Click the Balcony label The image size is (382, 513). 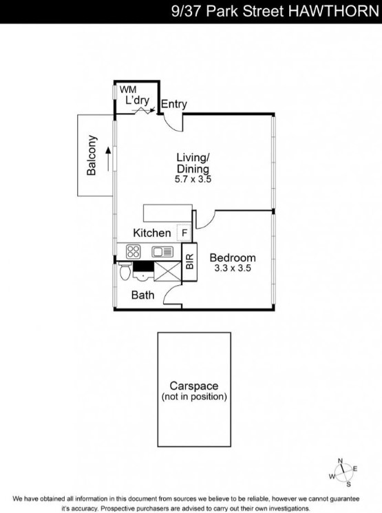point(92,156)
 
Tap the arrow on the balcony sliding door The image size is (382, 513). point(108,159)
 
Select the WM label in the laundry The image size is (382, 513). point(128,90)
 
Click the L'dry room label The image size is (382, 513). point(138,101)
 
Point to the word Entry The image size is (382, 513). point(174,105)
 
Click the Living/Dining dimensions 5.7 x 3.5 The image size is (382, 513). point(193,179)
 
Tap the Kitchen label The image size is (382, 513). point(151,233)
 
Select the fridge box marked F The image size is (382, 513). point(184,233)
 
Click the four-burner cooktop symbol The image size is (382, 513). point(134,251)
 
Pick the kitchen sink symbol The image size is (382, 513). point(162,251)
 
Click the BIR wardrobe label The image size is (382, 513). point(190,262)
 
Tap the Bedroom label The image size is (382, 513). point(233,258)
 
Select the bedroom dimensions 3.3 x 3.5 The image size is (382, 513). point(233,269)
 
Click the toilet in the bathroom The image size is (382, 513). point(125,271)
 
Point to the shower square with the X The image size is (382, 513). point(167,271)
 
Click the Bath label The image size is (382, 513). point(142,295)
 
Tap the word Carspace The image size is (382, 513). point(194,386)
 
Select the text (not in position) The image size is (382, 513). point(194,397)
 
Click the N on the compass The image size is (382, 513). point(340,461)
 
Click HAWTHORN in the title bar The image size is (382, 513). point(333,11)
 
